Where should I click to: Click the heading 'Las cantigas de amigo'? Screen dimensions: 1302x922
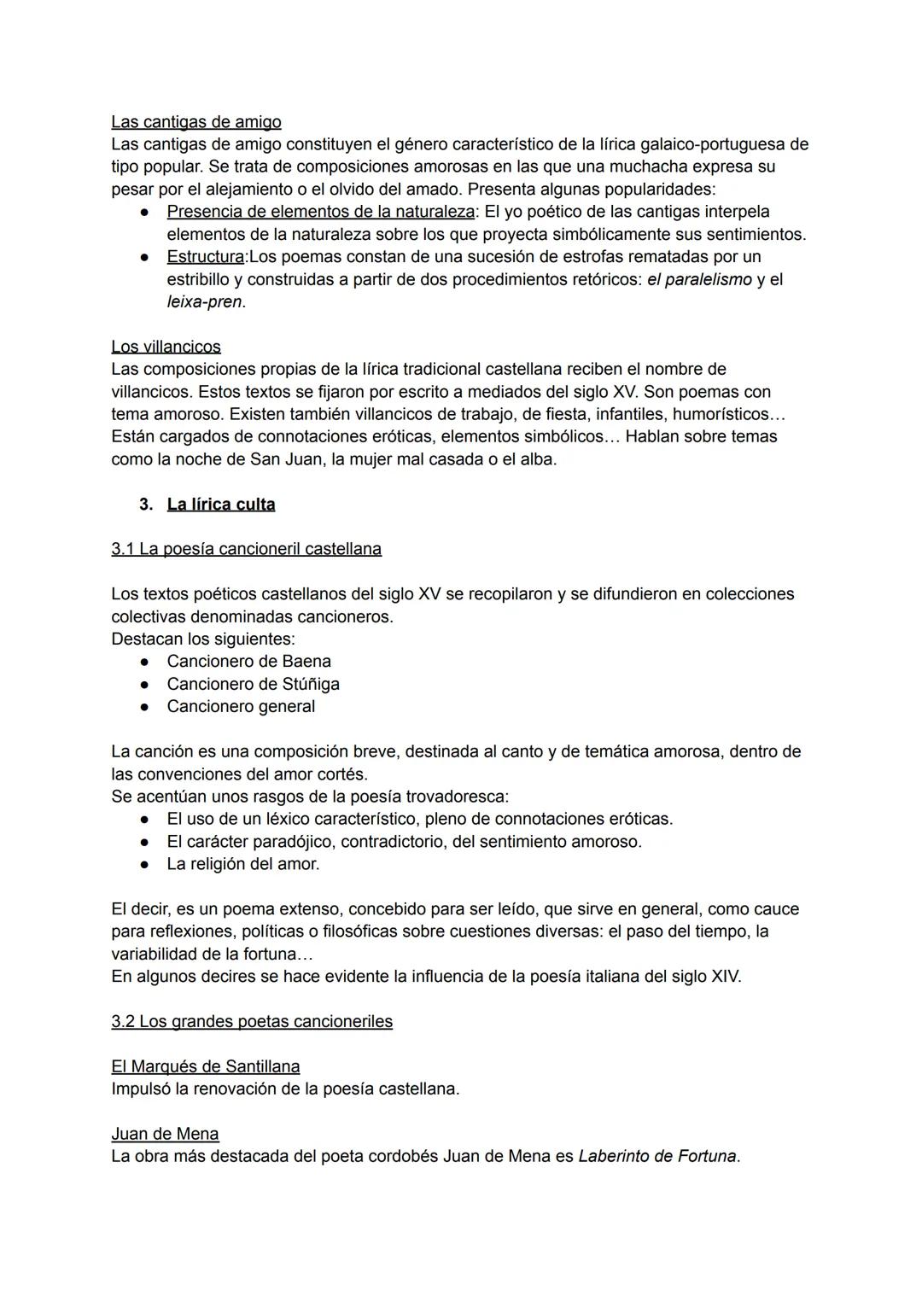pos(195,122)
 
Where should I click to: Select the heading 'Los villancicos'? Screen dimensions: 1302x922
pos(166,347)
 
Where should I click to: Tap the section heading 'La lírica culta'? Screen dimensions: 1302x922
pos(221,505)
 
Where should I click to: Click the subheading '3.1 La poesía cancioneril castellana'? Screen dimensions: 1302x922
pos(246,549)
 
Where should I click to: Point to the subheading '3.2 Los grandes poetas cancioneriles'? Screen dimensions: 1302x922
pos(252,1021)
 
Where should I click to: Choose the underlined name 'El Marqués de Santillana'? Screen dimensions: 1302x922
pos(205,1066)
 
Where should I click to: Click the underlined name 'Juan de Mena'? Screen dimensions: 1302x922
pos(165,1134)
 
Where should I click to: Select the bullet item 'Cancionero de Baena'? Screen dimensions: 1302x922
pos(248,662)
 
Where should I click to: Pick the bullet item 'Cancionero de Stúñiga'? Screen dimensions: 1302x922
pos(253,684)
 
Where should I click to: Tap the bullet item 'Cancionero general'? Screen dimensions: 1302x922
pos(241,707)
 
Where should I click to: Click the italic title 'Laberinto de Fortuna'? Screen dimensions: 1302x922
pos(657,1157)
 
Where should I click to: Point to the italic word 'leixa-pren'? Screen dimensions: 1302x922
pos(204,302)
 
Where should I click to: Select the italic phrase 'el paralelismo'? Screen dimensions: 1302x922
pos(699,280)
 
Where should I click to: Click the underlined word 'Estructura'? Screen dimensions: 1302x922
pos(205,257)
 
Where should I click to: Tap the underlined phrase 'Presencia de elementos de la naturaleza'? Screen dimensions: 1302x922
pos(320,212)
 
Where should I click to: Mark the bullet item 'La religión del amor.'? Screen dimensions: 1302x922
pos(243,864)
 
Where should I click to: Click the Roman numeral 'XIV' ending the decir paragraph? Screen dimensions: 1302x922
pos(725,977)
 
